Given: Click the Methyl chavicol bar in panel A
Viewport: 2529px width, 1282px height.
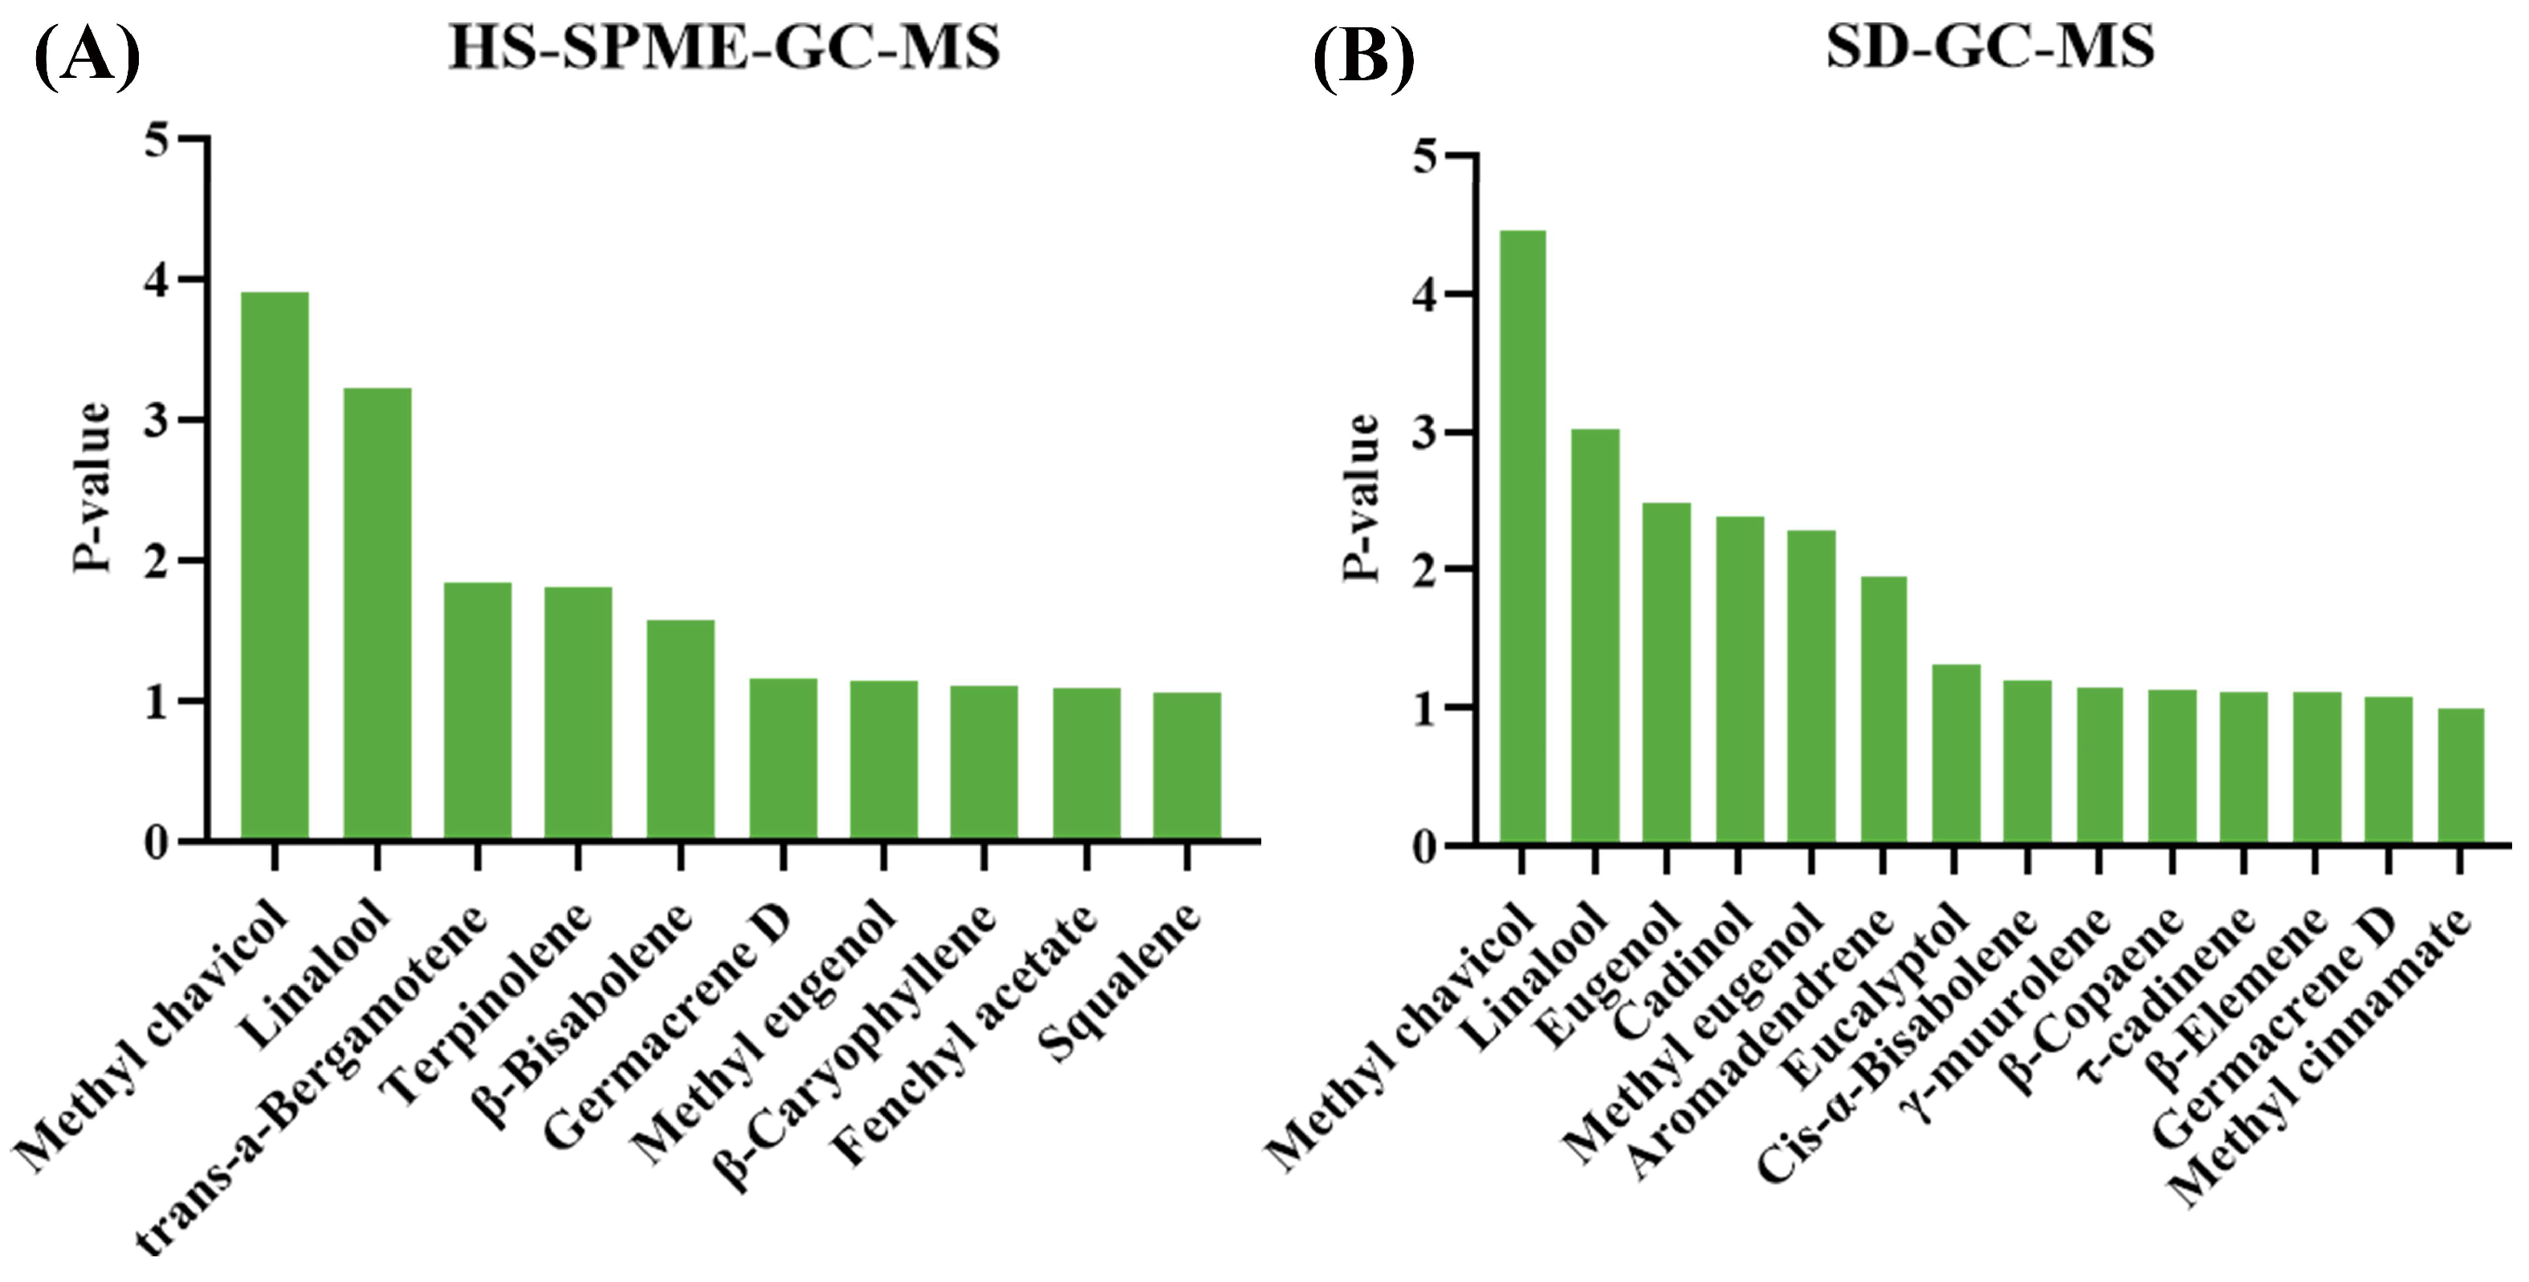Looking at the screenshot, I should coord(275,567).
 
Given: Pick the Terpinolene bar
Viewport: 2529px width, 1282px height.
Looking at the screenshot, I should coord(578,714).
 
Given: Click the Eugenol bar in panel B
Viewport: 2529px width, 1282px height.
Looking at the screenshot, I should coord(1666,674).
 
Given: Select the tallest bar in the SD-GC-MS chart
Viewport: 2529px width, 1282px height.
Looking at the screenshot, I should coord(1521,537).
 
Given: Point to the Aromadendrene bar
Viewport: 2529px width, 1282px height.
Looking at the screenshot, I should coord(1883,710).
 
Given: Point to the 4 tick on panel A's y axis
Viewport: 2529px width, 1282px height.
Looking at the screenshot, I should coord(157,281).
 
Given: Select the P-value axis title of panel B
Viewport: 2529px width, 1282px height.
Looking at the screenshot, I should coord(1362,498).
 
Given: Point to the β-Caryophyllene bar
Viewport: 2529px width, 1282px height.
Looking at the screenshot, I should coord(983,763).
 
